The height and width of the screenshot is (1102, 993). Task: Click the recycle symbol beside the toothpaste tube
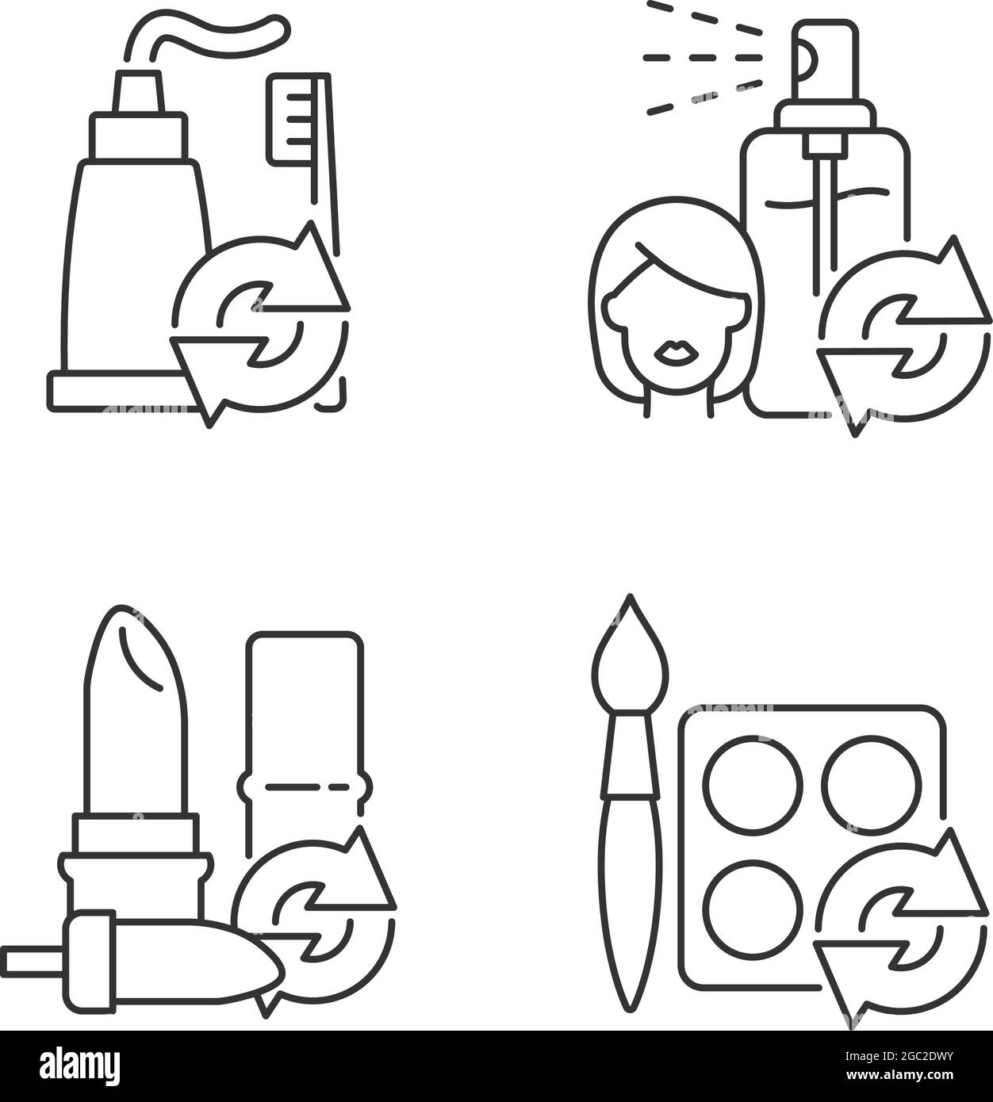coord(260,324)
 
